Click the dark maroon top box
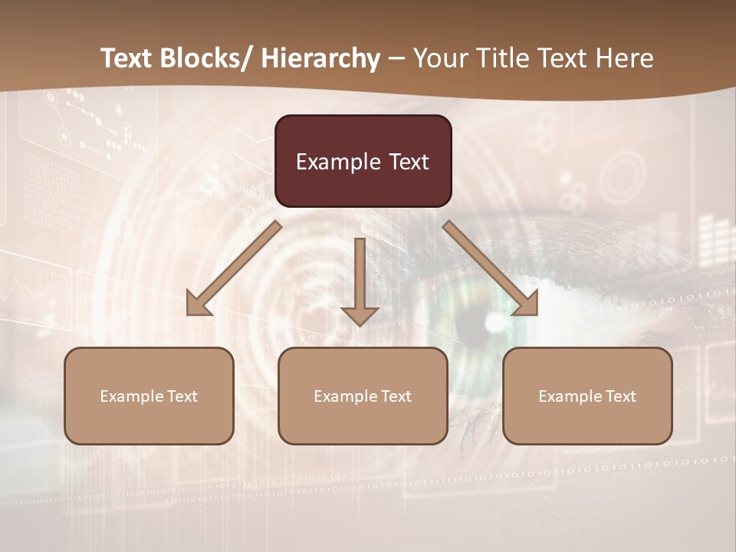click(363, 161)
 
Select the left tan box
click(149, 396)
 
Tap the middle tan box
click(363, 396)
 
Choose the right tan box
click(587, 396)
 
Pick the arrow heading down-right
click(491, 268)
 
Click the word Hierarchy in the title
click(320, 58)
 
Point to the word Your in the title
click(439, 58)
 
